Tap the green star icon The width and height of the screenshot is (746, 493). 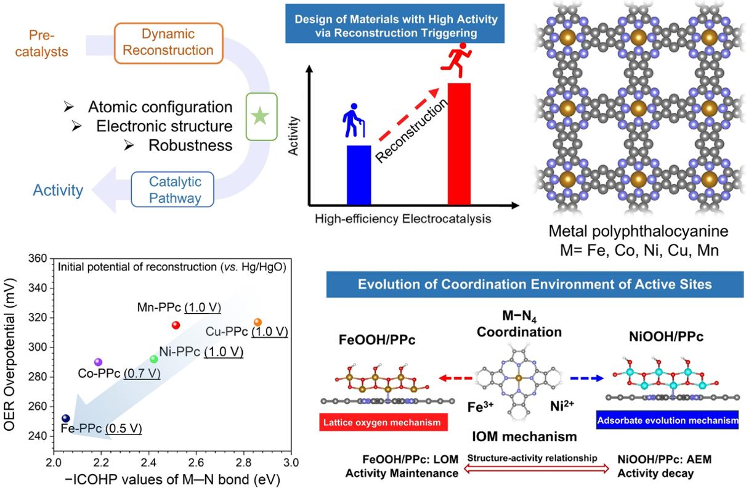tap(260, 116)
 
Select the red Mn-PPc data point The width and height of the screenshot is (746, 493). tap(176, 325)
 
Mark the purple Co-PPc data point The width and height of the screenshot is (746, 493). tap(98, 362)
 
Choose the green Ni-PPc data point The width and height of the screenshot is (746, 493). tap(154, 359)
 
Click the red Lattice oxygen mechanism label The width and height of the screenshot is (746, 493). tap(384, 423)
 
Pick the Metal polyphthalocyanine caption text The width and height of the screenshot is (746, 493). tap(638, 232)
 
